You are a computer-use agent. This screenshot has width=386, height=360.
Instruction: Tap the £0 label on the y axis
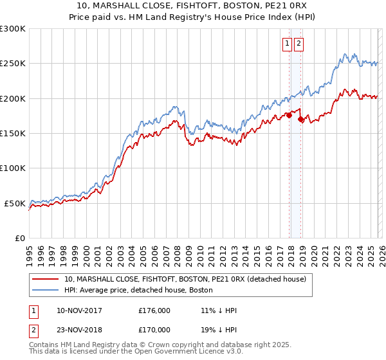(x=19, y=238)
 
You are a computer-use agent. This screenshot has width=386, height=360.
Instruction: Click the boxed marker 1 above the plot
(x=286, y=44)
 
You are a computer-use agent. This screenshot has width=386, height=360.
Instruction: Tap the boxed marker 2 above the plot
(x=299, y=44)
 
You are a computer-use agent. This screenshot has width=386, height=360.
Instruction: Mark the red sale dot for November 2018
(x=301, y=119)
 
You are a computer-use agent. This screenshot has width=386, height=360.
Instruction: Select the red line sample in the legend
(x=46, y=279)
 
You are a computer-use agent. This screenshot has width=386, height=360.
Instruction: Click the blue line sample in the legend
(x=46, y=290)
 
